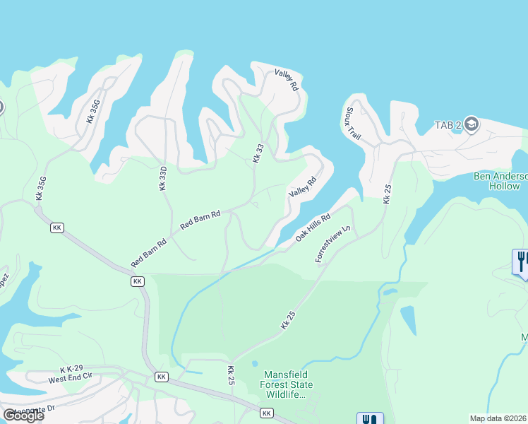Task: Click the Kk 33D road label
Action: tap(162, 178)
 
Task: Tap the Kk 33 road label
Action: tap(258, 153)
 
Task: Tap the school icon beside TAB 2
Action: tap(472, 125)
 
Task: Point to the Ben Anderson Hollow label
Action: tap(500, 181)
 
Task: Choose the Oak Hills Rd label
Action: tap(313, 227)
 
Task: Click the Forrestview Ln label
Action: tap(332, 245)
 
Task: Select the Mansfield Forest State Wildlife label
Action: tap(288, 384)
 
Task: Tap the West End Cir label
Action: tap(71, 379)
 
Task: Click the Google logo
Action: tap(23, 415)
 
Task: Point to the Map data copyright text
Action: tap(498, 418)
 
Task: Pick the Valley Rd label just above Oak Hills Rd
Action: tap(301, 188)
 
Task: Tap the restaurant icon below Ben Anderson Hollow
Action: tap(521, 261)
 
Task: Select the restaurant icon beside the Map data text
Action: tap(370, 419)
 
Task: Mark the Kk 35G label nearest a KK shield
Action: tap(41, 187)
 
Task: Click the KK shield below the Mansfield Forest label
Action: tap(266, 413)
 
